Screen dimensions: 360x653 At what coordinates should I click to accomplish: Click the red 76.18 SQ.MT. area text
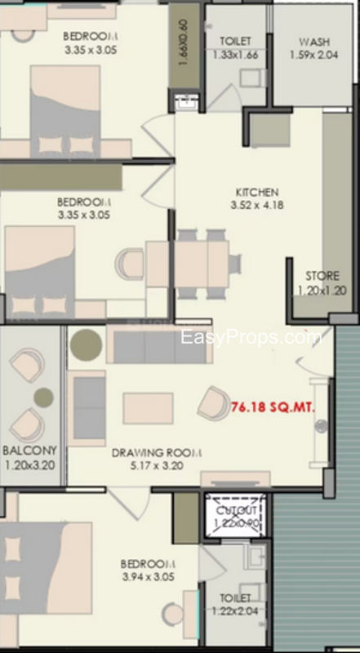[x=273, y=406]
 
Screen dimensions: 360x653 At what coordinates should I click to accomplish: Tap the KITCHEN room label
[x=257, y=193]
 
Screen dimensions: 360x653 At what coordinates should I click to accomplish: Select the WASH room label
[x=314, y=42]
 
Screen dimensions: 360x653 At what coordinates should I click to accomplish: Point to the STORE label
[x=322, y=276]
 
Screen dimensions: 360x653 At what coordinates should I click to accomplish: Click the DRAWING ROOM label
[x=157, y=453]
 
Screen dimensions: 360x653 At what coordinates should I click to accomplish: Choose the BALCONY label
[x=29, y=451]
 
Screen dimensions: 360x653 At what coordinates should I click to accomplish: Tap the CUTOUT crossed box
[x=235, y=516]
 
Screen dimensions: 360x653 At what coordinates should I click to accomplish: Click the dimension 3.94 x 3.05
[x=148, y=577]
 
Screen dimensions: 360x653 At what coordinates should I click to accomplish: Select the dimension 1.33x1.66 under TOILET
[x=235, y=55]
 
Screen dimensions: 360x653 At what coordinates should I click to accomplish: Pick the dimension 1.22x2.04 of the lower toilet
[x=235, y=611]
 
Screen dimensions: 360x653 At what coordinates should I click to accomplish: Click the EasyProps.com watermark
[x=251, y=337]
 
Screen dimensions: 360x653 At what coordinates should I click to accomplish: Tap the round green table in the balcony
[x=44, y=398]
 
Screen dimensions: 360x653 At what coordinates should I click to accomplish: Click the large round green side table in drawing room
[x=87, y=344]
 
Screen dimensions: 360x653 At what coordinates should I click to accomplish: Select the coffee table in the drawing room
[x=148, y=409]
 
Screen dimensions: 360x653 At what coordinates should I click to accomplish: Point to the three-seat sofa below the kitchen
[x=159, y=344]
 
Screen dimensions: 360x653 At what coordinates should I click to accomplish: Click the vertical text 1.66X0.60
[x=184, y=42]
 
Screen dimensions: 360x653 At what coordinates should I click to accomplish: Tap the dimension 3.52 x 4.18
[x=257, y=205]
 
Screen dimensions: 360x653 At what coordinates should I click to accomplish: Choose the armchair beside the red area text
[x=214, y=402]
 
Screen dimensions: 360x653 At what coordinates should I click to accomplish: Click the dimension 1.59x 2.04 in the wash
[x=318, y=55]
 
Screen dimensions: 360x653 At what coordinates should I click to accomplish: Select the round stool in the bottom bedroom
[x=173, y=614]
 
